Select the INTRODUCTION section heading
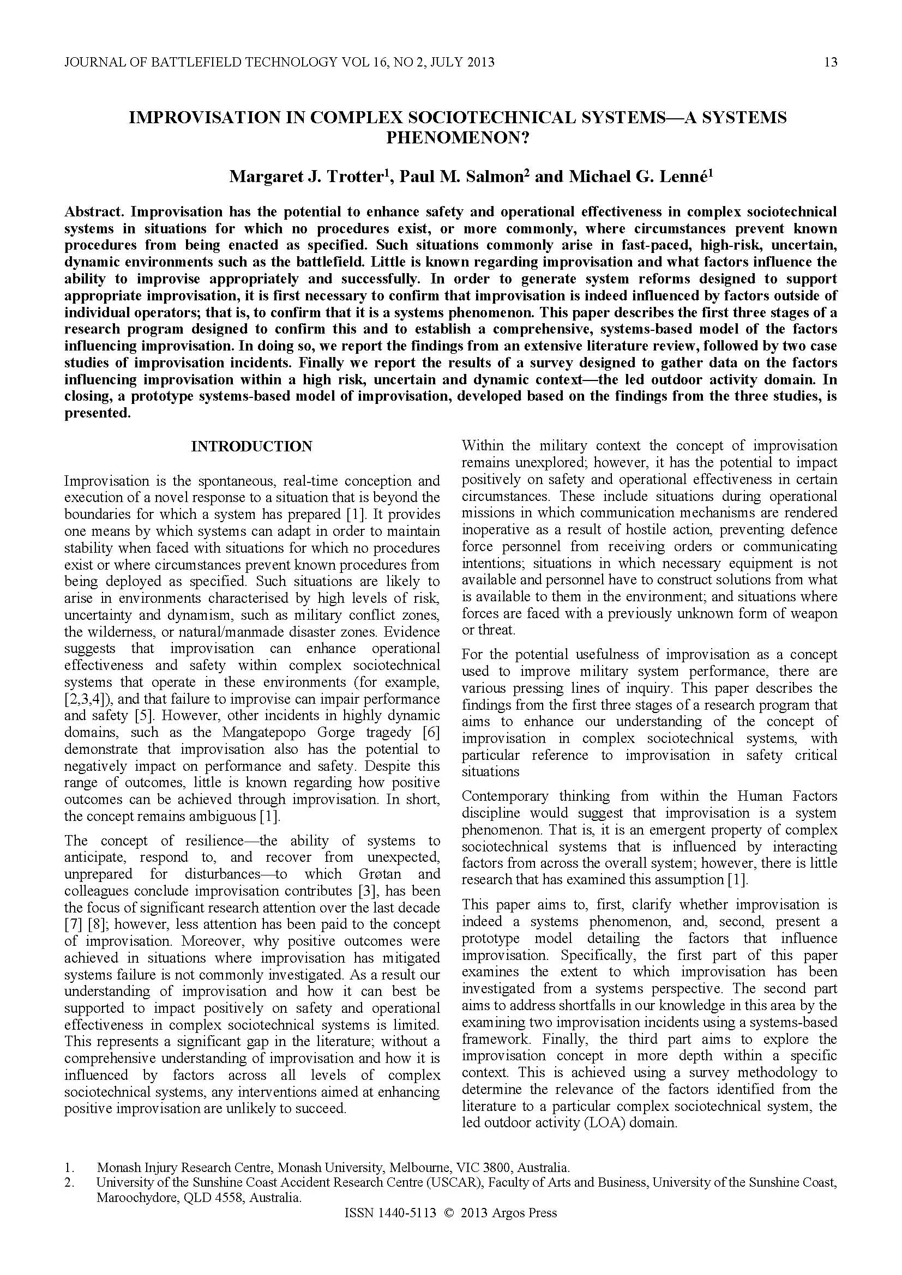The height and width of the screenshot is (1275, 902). pos(251,446)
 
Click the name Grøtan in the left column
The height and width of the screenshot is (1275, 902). pos(380,874)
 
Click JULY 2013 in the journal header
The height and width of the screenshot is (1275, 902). pos(462,62)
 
